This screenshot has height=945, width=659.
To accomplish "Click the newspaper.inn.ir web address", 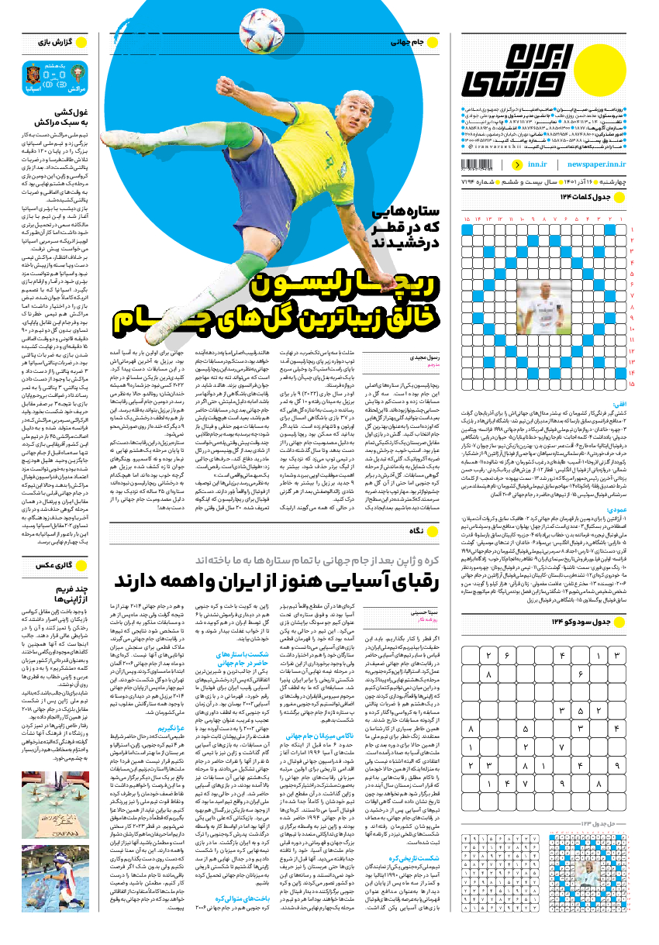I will coord(596,164).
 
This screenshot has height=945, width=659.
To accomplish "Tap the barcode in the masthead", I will coord(485,164).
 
